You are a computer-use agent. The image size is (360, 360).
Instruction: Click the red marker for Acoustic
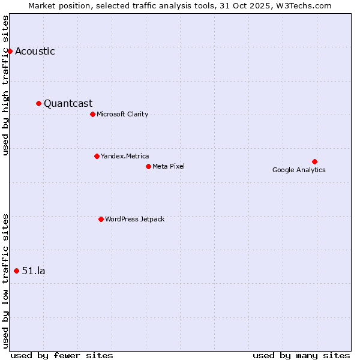10,51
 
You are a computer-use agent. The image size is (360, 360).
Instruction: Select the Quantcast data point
38,103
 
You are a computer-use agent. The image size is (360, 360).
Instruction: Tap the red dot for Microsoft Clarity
92,114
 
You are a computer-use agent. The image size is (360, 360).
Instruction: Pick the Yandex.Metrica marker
97,156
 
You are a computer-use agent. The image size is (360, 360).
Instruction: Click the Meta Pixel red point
148,166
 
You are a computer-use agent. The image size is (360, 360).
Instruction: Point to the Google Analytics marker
314,161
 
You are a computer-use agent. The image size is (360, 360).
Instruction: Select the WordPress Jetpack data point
101,219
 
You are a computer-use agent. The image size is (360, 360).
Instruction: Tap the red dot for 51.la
16,271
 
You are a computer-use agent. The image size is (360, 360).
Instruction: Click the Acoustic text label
35,52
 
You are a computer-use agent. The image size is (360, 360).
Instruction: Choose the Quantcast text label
68,104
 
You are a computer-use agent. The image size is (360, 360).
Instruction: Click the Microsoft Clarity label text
122,115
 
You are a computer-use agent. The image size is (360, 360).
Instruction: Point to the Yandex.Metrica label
125,157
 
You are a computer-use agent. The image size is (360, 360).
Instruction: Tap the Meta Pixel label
169,167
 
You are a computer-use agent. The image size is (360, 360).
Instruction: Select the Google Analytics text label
299,170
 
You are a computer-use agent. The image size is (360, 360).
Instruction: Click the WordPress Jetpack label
134,220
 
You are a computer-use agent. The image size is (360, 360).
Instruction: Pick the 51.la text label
34,271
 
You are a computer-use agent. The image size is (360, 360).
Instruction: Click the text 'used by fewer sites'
62,356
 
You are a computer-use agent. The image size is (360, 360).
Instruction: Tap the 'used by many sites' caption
301,356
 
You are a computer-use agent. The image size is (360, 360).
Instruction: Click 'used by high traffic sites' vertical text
6,85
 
